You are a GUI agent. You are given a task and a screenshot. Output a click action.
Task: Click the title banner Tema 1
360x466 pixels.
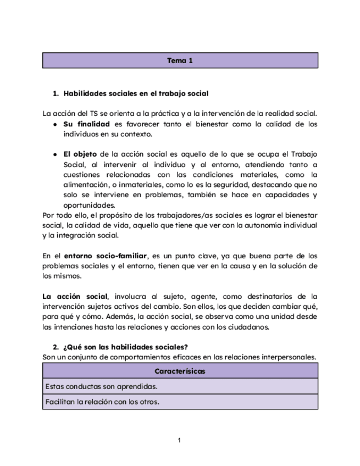point(180,60)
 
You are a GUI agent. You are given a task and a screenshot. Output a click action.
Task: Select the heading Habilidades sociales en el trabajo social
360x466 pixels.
point(136,94)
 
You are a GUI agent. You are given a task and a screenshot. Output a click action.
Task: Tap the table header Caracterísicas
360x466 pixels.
point(180,371)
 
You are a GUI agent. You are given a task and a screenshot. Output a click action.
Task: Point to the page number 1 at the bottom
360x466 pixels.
point(180,440)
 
